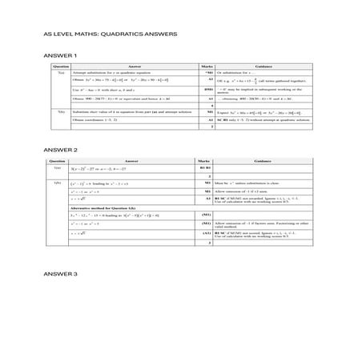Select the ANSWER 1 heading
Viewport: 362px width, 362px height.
click(60, 54)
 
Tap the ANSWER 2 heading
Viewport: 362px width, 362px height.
click(60, 150)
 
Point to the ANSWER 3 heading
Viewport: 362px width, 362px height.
click(60, 275)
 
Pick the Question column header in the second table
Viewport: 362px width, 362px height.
click(58, 163)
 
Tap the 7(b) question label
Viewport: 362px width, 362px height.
click(59, 111)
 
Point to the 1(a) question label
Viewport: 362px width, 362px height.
click(58, 169)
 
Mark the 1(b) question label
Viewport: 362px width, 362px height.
click(58, 183)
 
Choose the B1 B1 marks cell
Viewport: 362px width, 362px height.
click(204, 169)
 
